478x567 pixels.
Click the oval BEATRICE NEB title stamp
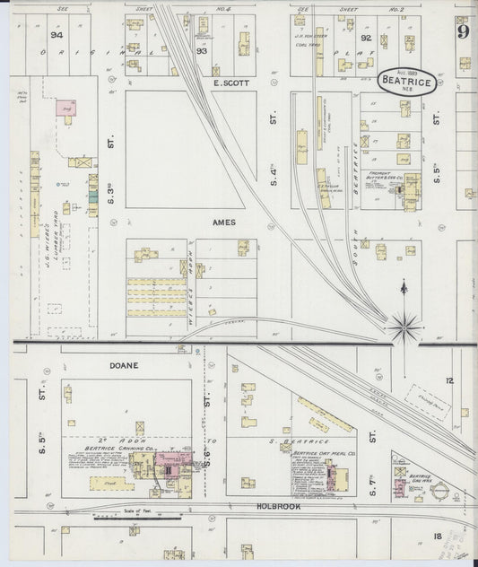[x=411, y=81]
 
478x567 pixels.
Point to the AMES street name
[x=223, y=222]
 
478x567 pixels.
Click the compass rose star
[x=404, y=325]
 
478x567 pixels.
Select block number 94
[x=57, y=35]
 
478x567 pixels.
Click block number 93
[x=202, y=52]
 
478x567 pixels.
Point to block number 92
[x=365, y=39]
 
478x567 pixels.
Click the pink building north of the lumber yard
[x=66, y=108]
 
